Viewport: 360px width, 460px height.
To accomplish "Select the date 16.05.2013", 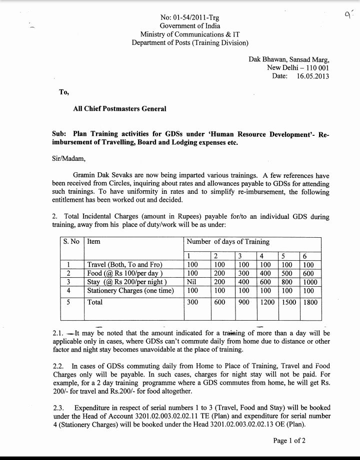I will pyautogui.click(x=312, y=76).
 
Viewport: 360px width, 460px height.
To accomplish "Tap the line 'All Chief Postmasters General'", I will pyautogui.click(x=119, y=108).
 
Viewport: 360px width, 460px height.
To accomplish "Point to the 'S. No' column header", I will pyautogui.click(x=71, y=242).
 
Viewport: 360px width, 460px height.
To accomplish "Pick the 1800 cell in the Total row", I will pyautogui.click(x=310, y=302).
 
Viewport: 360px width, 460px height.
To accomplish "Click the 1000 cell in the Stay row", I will pyautogui.click(x=310, y=282).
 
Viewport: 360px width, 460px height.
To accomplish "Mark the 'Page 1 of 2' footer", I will pyautogui.click(x=289, y=441).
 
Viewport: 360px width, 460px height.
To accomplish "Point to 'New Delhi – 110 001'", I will pyautogui.click(x=298, y=68).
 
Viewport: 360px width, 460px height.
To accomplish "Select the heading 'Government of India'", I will pyautogui.click(x=189, y=25).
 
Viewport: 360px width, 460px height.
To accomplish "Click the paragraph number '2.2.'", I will pyautogui.click(x=59, y=366).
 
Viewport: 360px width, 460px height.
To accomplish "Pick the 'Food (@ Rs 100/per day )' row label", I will pyautogui.click(x=125, y=273).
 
